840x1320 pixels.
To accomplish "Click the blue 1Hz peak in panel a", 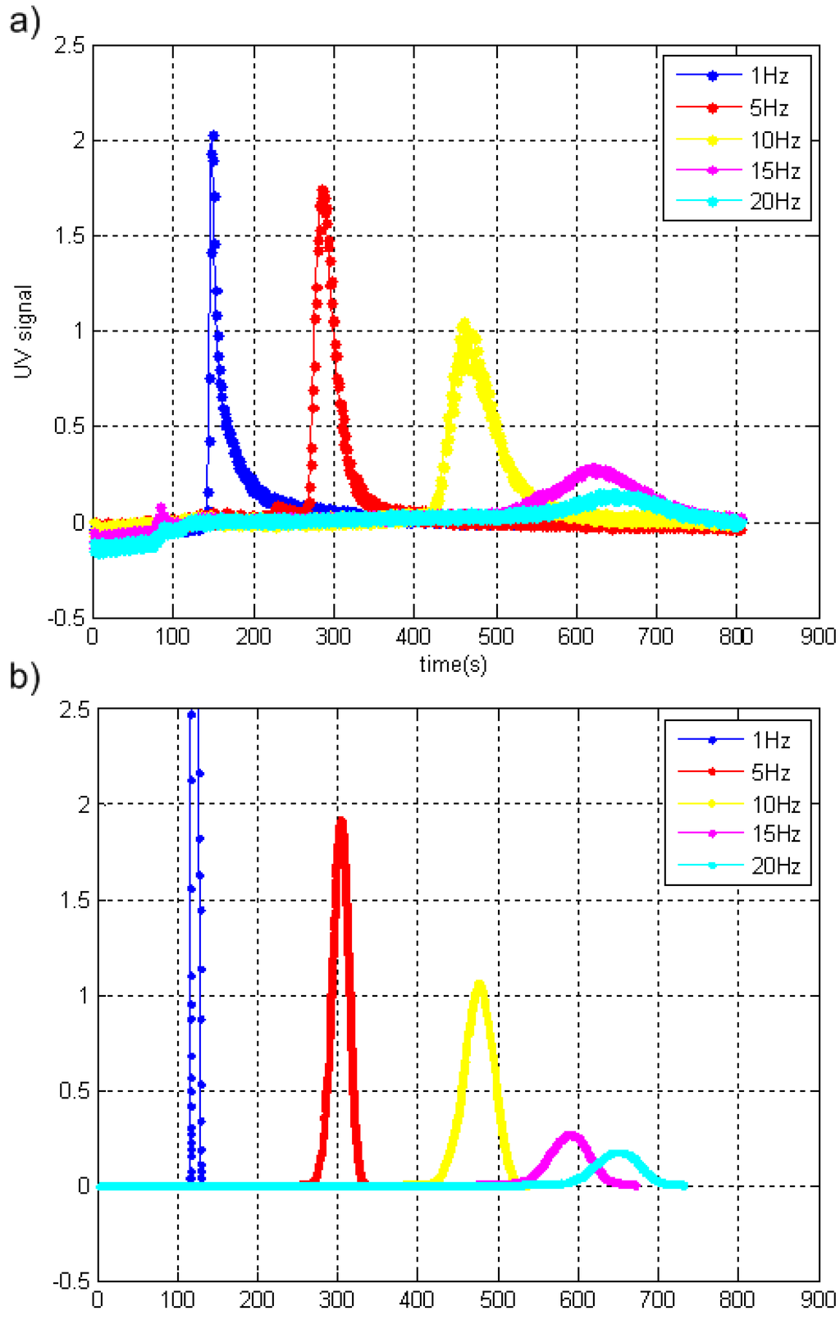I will [213, 136].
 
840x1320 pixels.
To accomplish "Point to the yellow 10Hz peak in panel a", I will [464, 323].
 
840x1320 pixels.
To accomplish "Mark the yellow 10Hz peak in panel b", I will [480, 982].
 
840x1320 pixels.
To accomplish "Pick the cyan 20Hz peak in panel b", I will [619, 1153].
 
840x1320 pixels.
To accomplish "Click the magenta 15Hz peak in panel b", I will [569, 1135].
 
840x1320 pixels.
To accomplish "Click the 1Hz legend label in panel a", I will [769, 76].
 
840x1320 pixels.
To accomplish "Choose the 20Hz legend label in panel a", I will [774, 202].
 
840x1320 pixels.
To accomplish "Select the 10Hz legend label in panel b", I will [776, 804].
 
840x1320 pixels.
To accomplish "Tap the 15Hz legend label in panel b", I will [776, 834].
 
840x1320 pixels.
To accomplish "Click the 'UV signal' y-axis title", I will [24, 331].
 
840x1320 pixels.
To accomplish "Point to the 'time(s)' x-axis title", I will [453, 664].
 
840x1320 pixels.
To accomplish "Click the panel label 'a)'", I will [25, 21].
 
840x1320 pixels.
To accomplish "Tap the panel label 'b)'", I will [25, 678].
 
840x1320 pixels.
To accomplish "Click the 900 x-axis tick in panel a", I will [818, 637].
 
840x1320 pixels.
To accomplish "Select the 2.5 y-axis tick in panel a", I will [69, 45].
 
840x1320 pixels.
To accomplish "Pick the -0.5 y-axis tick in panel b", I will [71, 1281].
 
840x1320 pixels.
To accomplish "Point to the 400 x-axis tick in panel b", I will [417, 1300].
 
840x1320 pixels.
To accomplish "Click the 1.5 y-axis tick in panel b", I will [75, 901].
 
